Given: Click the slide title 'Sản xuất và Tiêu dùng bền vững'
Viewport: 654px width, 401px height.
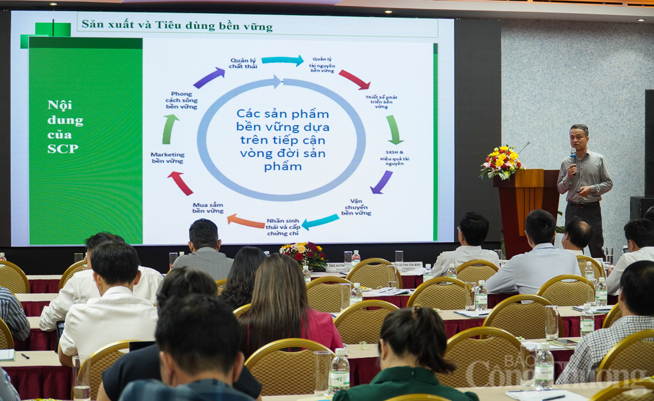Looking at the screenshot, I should (177, 26).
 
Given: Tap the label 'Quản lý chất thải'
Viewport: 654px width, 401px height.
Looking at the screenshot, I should (243, 63).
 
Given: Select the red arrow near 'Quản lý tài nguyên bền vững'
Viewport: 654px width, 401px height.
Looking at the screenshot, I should (354, 80).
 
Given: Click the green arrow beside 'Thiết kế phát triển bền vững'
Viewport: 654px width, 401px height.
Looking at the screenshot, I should (394, 130).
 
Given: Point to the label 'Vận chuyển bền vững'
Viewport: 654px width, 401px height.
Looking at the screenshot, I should (356, 207).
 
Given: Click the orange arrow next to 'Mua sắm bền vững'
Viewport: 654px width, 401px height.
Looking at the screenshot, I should (246, 221).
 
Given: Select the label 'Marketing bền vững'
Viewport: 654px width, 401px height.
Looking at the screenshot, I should (167, 158).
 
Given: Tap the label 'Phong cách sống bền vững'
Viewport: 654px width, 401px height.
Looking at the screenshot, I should (181, 100).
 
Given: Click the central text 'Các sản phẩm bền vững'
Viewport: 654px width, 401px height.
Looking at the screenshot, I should (283, 139).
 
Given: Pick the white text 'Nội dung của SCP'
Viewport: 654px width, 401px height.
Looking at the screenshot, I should (65, 126).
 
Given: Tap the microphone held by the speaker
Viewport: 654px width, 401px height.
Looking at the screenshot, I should (573, 156).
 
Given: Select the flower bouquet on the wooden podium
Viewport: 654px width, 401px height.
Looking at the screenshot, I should (502, 162).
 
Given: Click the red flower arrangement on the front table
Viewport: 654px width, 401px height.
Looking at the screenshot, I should (303, 254).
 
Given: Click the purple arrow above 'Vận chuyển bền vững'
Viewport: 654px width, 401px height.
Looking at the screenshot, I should (381, 182).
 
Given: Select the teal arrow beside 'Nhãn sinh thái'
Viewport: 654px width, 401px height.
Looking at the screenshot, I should (320, 221).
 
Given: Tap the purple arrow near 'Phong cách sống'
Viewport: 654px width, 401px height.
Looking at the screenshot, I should (209, 78).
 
